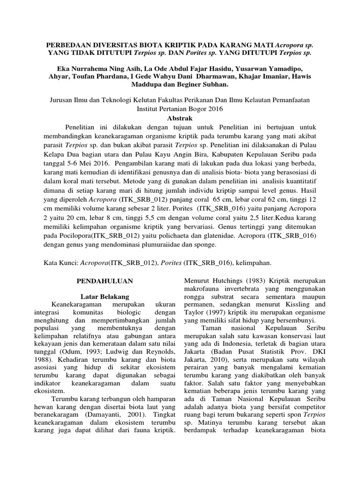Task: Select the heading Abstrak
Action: pyautogui.click(x=180, y=119)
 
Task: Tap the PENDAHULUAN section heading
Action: pyautogui.click(x=105, y=281)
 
